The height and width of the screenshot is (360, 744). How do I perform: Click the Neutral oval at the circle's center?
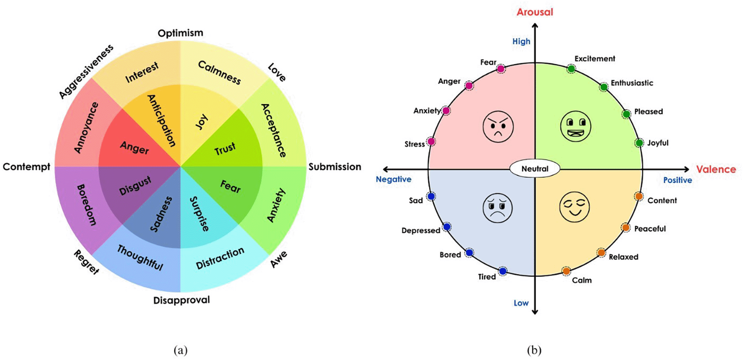[535, 169]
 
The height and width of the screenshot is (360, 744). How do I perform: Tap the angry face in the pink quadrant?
[498, 126]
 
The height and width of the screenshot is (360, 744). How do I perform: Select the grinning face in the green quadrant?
[575, 126]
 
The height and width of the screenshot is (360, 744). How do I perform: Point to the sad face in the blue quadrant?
[498, 208]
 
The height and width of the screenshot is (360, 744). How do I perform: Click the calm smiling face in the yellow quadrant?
[575, 207]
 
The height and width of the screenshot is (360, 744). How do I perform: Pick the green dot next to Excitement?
[571, 68]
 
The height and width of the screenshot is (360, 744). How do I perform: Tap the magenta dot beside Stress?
[431, 142]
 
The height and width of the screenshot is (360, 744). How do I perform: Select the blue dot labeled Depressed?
[447, 227]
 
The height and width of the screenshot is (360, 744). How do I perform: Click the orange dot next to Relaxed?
[601, 252]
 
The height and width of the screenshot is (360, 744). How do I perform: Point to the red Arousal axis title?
[535, 12]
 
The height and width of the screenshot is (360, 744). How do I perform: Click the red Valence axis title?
[716, 169]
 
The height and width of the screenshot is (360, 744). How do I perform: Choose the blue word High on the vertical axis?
[521, 41]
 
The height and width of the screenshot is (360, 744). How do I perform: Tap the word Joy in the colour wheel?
[202, 122]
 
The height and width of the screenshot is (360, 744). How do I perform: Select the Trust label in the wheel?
[225, 149]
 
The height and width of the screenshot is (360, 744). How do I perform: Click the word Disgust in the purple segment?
[135, 186]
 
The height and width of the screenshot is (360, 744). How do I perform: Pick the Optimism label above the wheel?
[180, 33]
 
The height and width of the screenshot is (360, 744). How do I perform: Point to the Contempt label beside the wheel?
[26, 167]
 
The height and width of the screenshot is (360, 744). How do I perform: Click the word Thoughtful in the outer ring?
[140, 258]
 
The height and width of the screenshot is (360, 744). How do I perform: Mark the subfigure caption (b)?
[534, 350]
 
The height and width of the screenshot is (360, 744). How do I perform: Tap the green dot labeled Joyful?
[639, 143]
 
